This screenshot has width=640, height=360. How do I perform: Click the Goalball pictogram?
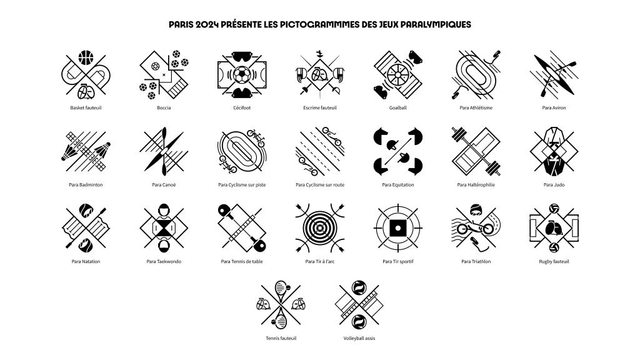point(398,75)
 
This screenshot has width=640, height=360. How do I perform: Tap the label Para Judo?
point(554,185)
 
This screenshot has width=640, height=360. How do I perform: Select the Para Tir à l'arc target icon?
point(320,228)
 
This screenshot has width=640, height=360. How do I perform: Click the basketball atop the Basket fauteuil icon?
point(86,57)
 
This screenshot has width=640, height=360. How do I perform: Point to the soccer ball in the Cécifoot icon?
point(242,75)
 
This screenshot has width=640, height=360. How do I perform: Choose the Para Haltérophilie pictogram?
point(476,151)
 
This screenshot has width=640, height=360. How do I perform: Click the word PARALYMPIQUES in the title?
point(436,24)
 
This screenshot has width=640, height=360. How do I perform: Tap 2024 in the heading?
point(206,24)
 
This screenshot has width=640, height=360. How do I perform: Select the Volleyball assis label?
point(359,338)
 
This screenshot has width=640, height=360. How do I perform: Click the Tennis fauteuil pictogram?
point(281,304)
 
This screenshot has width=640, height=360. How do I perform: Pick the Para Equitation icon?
point(398,151)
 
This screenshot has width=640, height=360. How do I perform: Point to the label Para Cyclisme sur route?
point(320,185)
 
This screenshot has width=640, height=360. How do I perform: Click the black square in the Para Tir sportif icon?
point(398,228)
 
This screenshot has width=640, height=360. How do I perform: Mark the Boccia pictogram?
point(164,75)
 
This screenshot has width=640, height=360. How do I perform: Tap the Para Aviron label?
point(554,107)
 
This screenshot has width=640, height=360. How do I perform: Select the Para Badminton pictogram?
point(86,151)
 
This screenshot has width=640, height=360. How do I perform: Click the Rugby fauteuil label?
point(554,262)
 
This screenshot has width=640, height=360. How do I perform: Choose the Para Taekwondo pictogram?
point(164,228)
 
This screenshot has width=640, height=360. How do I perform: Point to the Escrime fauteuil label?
point(320,107)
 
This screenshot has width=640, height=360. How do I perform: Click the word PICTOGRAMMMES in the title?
point(319,24)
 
